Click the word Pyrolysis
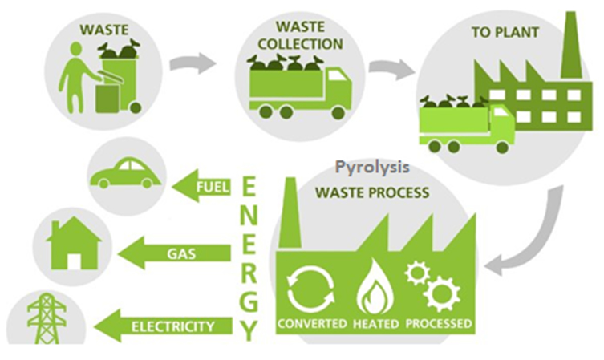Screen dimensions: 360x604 (x=373, y=168)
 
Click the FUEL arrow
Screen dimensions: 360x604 (x=202, y=189)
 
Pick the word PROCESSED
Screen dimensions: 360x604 (x=438, y=325)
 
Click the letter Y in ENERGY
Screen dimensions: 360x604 (x=249, y=329)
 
